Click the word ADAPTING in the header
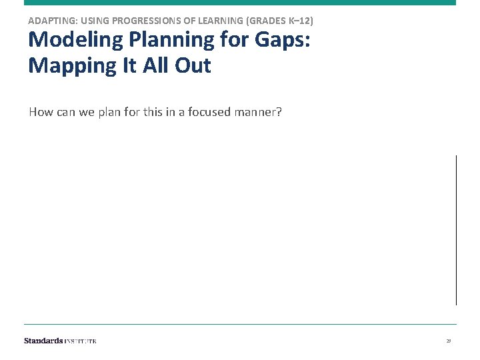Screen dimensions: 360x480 click(50, 21)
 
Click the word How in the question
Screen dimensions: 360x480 click(41, 112)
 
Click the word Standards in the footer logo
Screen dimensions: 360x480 click(43, 341)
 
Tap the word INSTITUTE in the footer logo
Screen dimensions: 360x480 click(80, 341)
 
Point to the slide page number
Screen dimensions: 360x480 click(449, 341)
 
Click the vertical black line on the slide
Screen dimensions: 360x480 click(456, 230)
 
